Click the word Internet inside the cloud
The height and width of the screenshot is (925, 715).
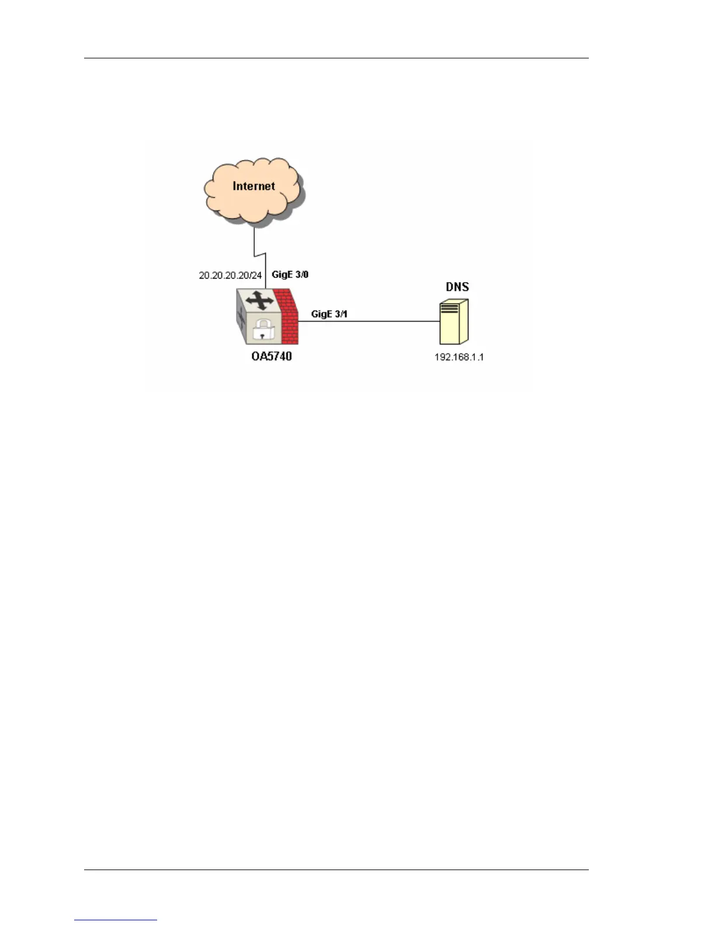coord(254,186)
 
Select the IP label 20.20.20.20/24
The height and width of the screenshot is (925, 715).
coord(230,275)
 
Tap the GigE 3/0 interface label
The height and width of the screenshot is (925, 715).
coord(290,274)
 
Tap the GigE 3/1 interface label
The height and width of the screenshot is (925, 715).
coord(329,314)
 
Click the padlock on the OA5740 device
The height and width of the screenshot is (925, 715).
coord(263,330)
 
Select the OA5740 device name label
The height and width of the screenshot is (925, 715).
coord(272,356)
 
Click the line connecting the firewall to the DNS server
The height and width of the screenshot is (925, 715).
coord(374,321)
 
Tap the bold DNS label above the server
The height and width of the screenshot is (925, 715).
coord(457,287)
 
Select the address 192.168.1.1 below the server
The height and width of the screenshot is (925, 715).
coord(459,357)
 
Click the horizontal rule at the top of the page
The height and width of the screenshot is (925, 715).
coord(336,58)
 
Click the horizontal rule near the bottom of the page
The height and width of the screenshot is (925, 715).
coord(336,870)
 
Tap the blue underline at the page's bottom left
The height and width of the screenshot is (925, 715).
coord(116,920)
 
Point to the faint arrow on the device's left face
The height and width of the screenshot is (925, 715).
coord(240,318)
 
